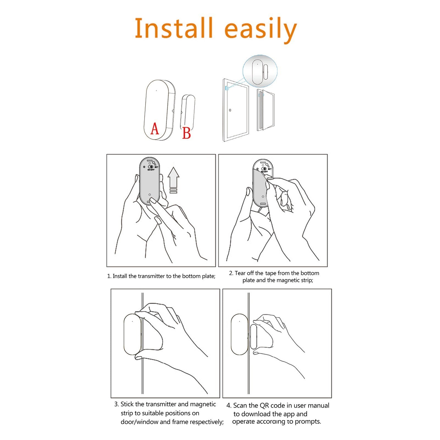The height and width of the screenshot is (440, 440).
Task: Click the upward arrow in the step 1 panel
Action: tap(173, 180)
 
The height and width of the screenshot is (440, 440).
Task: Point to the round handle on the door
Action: tap(230, 110)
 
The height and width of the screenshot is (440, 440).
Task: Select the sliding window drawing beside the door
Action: tap(265, 110)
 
